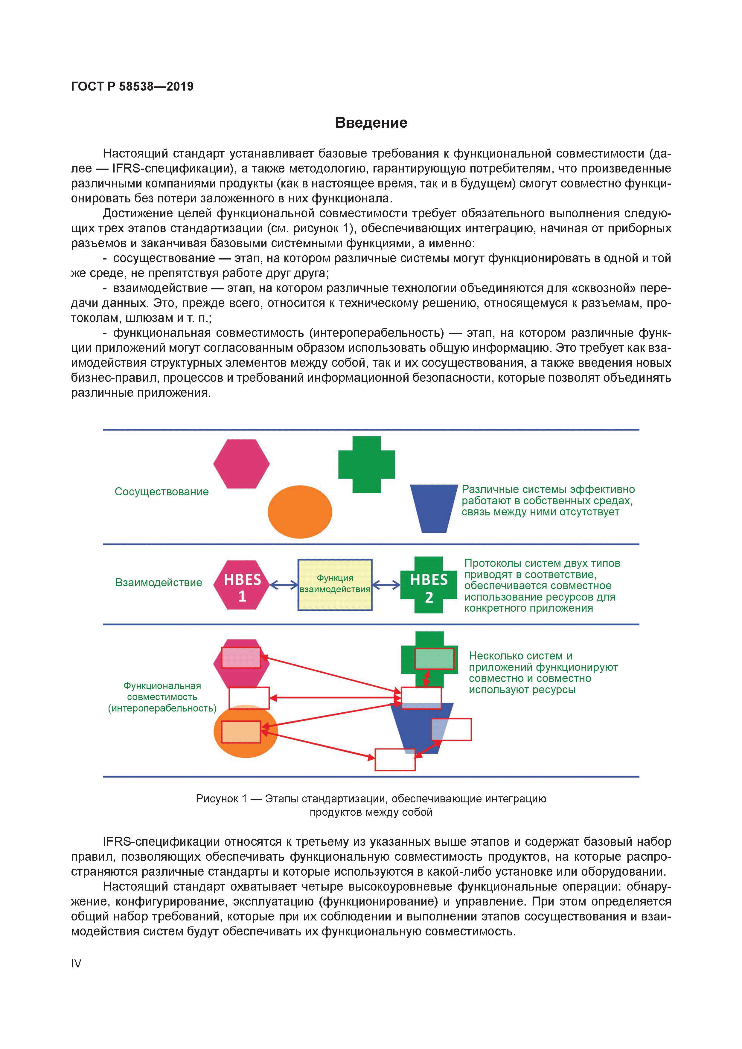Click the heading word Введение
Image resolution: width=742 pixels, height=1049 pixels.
tap(371, 123)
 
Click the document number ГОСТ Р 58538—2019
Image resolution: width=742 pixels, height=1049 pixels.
tap(132, 86)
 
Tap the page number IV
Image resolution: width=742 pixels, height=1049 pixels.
tap(76, 963)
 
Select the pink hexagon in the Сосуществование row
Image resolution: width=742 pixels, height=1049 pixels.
tap(241, 464)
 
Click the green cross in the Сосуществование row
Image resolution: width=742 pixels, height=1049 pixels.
tap(366, 464)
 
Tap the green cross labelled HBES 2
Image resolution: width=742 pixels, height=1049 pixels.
tap(428, 585)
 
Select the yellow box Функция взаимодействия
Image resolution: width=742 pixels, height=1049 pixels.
tap(335, 584)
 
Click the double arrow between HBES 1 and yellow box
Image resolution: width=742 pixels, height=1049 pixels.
tap(284, 585)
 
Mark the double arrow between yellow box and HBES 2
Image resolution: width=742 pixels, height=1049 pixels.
tap(386, 585)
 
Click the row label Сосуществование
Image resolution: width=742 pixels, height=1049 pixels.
tap(161, 491)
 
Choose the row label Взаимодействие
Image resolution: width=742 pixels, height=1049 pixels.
tap(159, 583)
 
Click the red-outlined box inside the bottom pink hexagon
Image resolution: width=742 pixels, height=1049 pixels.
tap(241, 657)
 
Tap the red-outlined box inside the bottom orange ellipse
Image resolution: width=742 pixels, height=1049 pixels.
tap(241, 732)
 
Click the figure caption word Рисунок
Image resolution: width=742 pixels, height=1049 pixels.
tap(217, 798)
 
